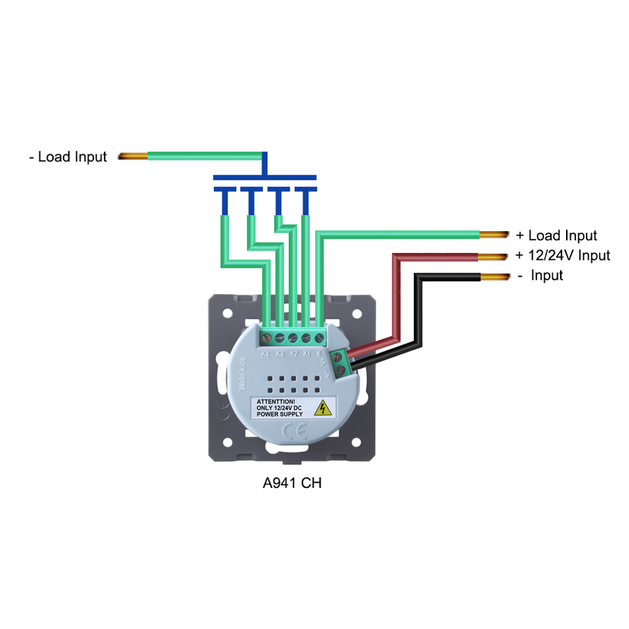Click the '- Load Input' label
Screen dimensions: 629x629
tap(67, 157)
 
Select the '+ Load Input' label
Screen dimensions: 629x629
tap(556, 236)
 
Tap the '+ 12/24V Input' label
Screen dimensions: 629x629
tap(562, 255)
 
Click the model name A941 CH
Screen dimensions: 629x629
tap(292, 483)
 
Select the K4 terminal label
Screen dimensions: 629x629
tap(265, 353)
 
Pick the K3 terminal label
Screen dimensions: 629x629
tap(280, 353)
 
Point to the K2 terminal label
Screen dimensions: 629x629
tap(293, 353)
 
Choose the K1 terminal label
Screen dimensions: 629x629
tap(307, 353)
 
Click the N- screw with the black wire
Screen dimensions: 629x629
tap(342, 370)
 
